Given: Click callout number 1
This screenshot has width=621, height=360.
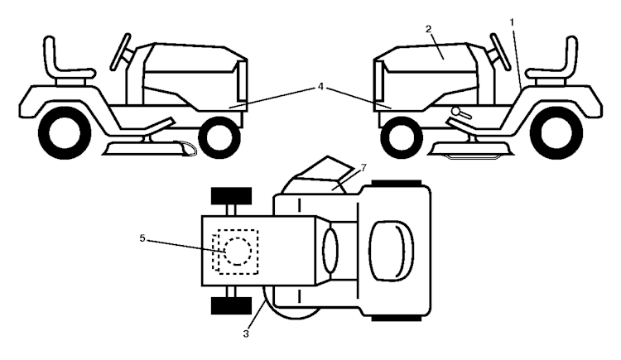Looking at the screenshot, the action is pyautogui.click(x=512, y=22).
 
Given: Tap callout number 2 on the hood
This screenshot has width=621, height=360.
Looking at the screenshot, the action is pyautogui.click(x=428, y=28).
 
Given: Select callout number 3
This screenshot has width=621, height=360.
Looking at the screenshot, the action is pyautogui.click(x=246, y=334).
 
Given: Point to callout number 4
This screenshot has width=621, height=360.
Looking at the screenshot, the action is pyautogui.click(x=320, y=87).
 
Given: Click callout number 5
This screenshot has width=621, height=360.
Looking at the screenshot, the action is pyautogui.click(x=142, y=238).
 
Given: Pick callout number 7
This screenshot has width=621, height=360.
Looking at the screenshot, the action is pyautogui.click(x=363, y=167).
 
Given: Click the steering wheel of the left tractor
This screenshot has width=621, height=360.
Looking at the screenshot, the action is pyautogui.click(x=120, y=52).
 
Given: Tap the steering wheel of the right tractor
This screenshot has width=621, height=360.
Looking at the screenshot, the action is pyautogui.click(x=500, y=52).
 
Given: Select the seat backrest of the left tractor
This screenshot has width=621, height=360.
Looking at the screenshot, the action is pyautogui.click(x=50, y=55).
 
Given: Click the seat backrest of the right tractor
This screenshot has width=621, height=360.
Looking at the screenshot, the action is pyautogui.click(x=570, y=55).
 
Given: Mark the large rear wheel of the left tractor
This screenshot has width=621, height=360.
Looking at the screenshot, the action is pyautogui.click(x=65, y=132).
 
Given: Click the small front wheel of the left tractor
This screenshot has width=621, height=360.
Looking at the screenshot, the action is pyautogui.click(x=219, y=138).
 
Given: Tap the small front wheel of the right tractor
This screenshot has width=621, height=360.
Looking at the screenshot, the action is pyautogui.click(x=402, y=138).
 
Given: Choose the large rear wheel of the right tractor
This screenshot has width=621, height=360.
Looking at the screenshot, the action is pyautogui.click(x=556, y=132).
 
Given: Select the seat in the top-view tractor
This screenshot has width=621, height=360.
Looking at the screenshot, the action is pyautogui.click(x=392, y=251).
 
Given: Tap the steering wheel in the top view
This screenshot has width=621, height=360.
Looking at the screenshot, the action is pyautogui.click(x=330, y=250).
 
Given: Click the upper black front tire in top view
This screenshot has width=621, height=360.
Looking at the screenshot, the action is pyautogui.click(x=231, y=196).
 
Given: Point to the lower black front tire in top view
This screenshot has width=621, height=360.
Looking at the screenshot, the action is pyautogui.click(x=231, y=305).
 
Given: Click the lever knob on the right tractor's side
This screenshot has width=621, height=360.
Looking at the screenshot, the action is pyautogui.click(x=456, y=112).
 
